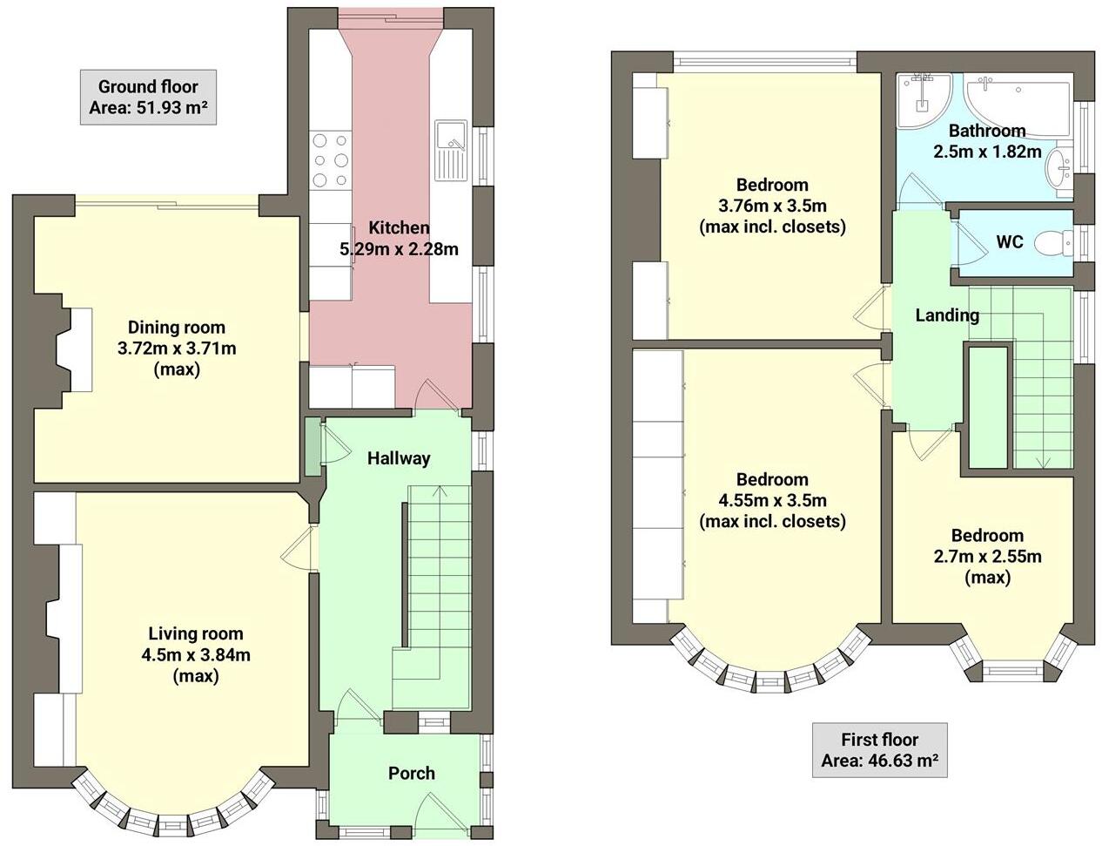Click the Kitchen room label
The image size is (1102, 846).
[399, 228]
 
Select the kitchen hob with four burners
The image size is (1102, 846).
[330, 159]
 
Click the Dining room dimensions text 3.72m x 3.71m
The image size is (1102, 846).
[177, 349]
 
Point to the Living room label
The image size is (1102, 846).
[195, 633]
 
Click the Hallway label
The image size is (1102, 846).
[398, 458]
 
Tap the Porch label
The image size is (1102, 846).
[411, 773]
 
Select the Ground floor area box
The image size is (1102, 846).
[148, 98]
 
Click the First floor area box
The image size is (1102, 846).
[879, 750]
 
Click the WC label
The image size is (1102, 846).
[1009, 242]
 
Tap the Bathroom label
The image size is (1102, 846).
[986, 131]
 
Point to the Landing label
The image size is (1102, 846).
[946, 315]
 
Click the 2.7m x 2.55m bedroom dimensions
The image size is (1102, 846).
[986, 557]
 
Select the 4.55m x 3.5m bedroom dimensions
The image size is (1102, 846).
[771, 501]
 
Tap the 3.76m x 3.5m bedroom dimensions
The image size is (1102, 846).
[771, 206]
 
